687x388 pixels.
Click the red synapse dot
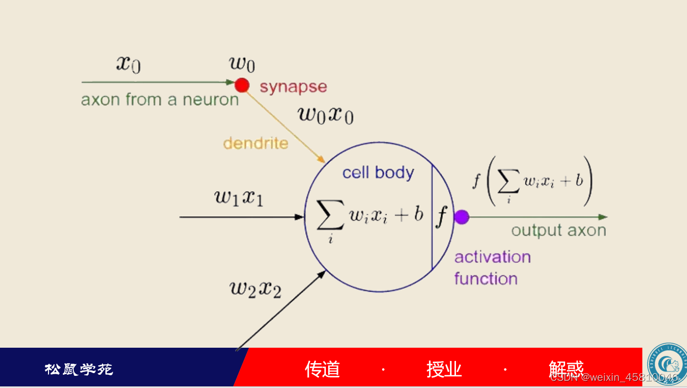coord(242,86)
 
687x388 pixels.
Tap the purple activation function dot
coord(461,217)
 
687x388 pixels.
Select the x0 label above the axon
coord(128,64)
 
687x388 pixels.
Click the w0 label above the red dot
coord(242,64)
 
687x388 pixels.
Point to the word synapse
coord(293,87)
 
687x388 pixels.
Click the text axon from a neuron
coord(160,100)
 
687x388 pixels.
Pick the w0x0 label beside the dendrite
coord(325,115)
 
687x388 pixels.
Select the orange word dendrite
coord(256,143)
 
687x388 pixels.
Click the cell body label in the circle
coord(378,173)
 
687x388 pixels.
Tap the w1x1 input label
coord(239,197)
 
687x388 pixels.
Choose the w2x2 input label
coord(255,288)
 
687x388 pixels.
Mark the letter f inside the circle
coord(441,217)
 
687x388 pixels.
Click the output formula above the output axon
coord(533,182)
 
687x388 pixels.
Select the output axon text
coord(559,231)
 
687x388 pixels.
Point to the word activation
coord(492,257)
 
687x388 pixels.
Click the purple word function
coord(486,279)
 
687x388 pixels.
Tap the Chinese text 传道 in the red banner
coord(323,369)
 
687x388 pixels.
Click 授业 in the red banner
coord(444,369)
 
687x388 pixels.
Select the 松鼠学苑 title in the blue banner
coord(79,369)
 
